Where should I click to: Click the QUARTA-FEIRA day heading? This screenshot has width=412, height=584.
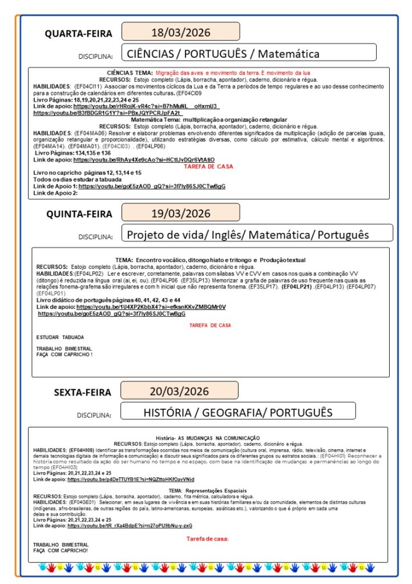(x=79, y=34)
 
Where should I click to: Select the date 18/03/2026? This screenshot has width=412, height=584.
(x=180, y=31)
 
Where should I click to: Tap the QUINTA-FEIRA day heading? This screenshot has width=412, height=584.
(x=79, y=215)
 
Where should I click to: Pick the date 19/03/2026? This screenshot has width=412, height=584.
(x=180, y=214)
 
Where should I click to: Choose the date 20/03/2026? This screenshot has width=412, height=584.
(x=180, y=391)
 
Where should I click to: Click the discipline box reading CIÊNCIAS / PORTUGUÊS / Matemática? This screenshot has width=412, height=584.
(x=248, y=54)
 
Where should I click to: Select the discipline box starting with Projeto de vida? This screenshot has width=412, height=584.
(x=248, y=234)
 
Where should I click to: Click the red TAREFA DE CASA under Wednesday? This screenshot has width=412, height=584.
(x=205, y=166)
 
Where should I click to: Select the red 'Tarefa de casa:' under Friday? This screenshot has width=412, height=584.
(x=207, y=538)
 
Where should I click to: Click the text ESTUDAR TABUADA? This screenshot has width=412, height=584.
(x=55, y=337)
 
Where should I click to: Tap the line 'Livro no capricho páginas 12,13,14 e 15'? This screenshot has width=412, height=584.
(x=87, y=172)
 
